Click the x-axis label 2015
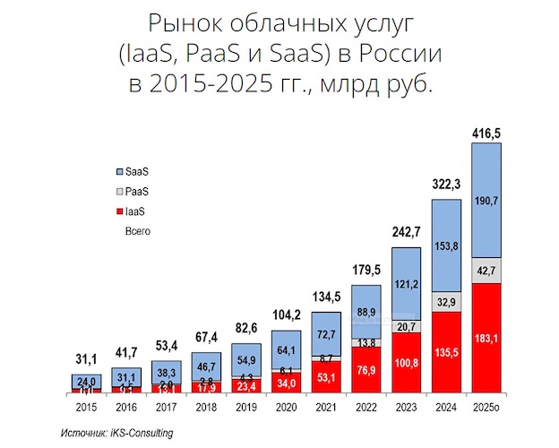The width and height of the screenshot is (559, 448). pos(87,407)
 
